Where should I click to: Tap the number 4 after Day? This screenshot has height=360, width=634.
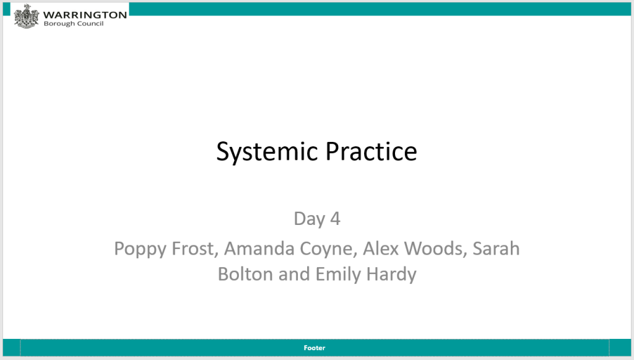335,219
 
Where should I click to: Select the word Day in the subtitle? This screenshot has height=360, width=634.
310,219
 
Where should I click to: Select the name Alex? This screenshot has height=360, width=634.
381,248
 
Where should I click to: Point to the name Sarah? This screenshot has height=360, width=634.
496,248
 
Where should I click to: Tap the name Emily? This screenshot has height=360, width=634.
339,275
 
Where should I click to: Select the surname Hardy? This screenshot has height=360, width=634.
391,275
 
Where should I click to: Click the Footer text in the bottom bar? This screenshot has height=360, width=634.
315,348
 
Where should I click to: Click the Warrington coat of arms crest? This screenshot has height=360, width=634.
26,16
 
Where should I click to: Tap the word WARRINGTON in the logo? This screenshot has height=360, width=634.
85,15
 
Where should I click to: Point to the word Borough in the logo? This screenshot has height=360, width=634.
59,24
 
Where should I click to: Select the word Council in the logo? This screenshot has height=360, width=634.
90,24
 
